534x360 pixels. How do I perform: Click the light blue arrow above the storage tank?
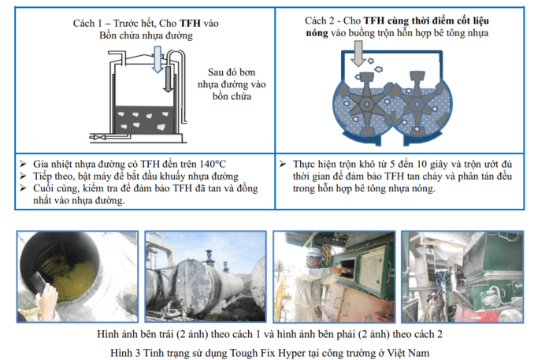158,60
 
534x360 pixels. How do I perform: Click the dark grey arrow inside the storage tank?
168,79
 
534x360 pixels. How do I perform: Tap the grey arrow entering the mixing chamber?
358,54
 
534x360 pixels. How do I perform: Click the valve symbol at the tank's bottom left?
98,137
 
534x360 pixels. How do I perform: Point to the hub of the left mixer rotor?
366,105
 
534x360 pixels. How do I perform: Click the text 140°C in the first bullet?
213,164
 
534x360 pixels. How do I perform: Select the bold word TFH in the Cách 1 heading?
190,23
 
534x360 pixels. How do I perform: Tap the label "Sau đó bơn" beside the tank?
232,72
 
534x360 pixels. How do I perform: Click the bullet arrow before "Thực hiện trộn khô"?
283,164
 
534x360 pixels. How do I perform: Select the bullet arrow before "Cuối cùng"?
23,188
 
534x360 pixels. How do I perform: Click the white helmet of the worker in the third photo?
314,252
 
